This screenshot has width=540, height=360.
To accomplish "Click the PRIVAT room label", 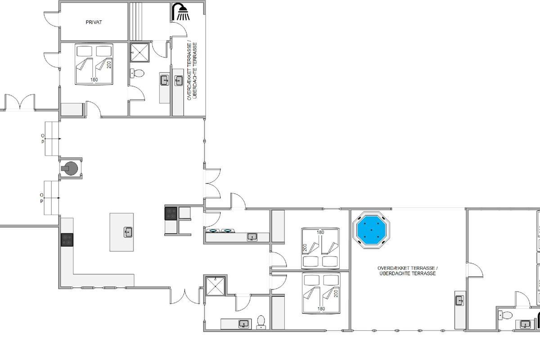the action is click(x=94, y=22).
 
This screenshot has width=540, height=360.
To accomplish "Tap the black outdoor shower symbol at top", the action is click(x=181, y=12).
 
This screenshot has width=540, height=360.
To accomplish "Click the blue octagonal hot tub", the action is click(x=371, y=230).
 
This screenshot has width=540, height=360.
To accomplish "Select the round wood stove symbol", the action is click(x=70, y=168).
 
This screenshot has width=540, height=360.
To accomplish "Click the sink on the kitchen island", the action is click(x=128, y=232).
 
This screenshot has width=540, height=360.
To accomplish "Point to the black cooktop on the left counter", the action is click(x=67, y=240).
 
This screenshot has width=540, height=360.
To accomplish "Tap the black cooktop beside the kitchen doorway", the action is click(x=171, y=213).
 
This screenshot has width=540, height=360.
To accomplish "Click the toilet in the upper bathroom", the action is click(x=137, y=73).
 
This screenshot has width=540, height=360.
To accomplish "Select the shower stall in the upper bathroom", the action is click(x=139, y=52).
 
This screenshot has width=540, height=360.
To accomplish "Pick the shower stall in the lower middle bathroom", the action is click(x=215, y=286).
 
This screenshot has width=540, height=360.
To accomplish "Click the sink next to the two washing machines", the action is click(x=252, y=237).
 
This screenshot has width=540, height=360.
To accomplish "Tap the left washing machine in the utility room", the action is click(x=212, y=231).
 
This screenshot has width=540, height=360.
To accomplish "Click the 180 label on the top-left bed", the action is click(x=94, y=80).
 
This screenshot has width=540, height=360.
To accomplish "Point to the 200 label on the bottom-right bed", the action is click(x=336, y=293).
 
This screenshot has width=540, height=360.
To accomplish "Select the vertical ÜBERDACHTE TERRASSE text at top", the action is click(x=195, y=70).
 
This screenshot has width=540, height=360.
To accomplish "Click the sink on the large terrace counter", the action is click(x=460, y=301).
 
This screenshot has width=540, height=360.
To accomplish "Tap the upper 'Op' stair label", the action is click(x=43, y=139).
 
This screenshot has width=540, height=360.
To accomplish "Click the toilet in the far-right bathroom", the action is click(x=505, y=315).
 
